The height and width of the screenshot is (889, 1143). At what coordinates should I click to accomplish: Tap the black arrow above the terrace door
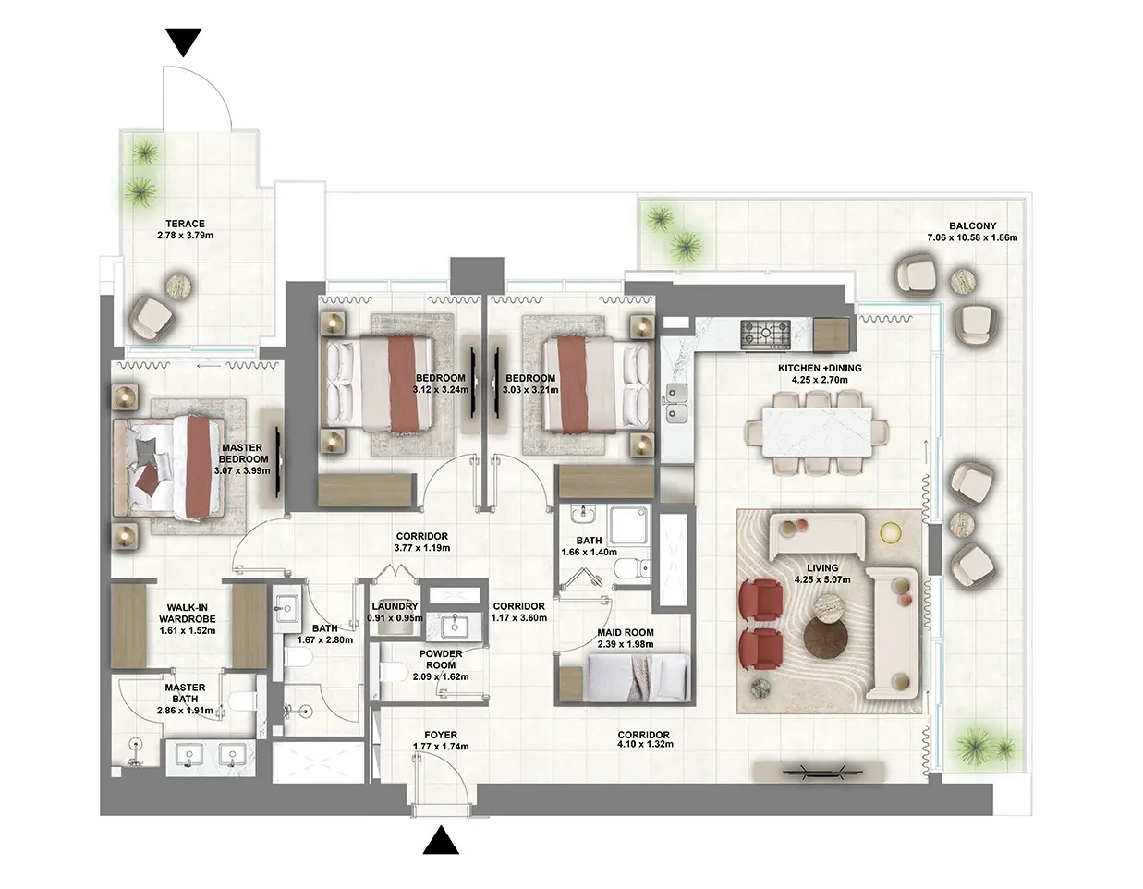click(183, 43)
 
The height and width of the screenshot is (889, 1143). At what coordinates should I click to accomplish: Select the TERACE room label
click(185, 224)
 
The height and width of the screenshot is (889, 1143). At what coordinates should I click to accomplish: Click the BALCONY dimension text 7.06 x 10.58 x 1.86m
click(972, 237)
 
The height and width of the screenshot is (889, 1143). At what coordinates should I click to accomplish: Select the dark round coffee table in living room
click(824, 638)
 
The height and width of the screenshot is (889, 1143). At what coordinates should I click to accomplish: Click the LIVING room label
click(821, 568)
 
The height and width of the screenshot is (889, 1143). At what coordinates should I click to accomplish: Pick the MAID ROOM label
click(625, 633)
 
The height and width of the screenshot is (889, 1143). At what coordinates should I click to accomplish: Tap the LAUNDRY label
click(395, 607)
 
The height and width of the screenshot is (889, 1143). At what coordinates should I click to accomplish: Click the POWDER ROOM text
click(441, 659)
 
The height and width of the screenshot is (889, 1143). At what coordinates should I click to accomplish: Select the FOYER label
click(441, 736)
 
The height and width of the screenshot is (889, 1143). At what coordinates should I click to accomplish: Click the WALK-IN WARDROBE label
click(187, 614)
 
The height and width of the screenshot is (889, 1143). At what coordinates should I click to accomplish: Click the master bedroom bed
click(171, 467)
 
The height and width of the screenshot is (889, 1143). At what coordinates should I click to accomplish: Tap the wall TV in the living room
click(815, 771)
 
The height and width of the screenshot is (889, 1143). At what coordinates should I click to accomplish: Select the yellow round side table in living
click(890, 532)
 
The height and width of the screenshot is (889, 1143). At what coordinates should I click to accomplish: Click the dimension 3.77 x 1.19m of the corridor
click(422, 548)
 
